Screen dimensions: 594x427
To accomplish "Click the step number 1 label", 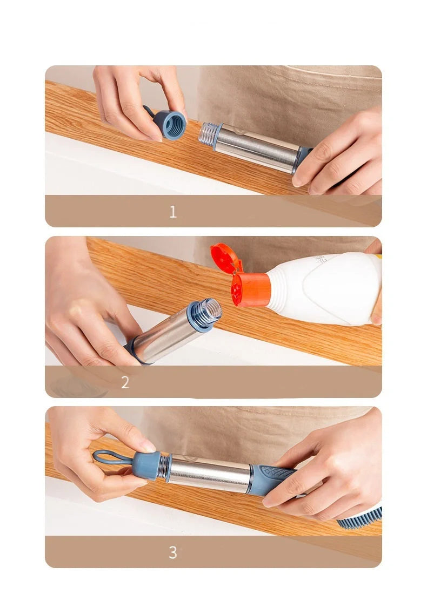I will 172,212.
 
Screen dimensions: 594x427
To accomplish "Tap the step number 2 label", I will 125,383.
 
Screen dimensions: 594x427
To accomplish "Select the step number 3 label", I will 172,552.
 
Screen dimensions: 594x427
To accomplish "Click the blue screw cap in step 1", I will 172,125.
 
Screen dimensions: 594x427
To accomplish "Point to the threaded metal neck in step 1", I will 209,134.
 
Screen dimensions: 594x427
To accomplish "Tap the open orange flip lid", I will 225,258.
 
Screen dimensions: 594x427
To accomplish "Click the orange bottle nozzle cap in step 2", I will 250,289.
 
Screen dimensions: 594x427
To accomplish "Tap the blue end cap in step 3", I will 146,465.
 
